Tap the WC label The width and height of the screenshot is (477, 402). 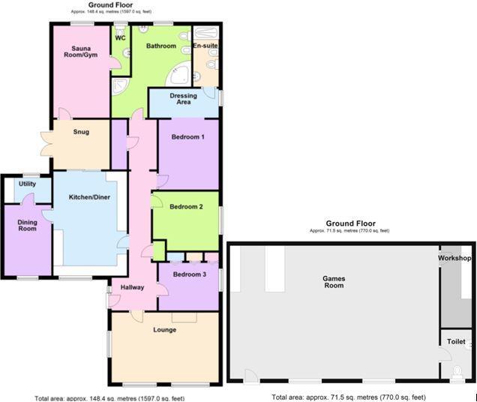[x=120, y=38]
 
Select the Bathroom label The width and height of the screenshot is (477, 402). [x=160, y=46]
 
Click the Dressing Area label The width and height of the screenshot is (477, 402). [x=183, y=99]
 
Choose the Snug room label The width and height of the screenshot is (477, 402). [x=81, y=132]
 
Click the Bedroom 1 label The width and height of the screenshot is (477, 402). [x=187, y=137]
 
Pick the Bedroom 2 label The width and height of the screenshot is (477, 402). [x=186, y=206]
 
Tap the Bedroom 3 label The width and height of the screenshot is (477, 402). [x=188, y=274]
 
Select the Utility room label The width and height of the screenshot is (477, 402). [x=27, y=184]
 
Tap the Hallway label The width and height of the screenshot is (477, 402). [x=121, y=287]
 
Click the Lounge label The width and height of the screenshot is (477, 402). [x=164, y=329]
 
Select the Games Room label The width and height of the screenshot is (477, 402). [x=333, y=281]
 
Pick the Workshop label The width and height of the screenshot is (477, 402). [x=455, y=259]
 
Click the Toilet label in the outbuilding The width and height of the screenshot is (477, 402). [x=456, y=341]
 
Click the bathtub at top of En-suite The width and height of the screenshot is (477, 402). [x=205, y=33]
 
